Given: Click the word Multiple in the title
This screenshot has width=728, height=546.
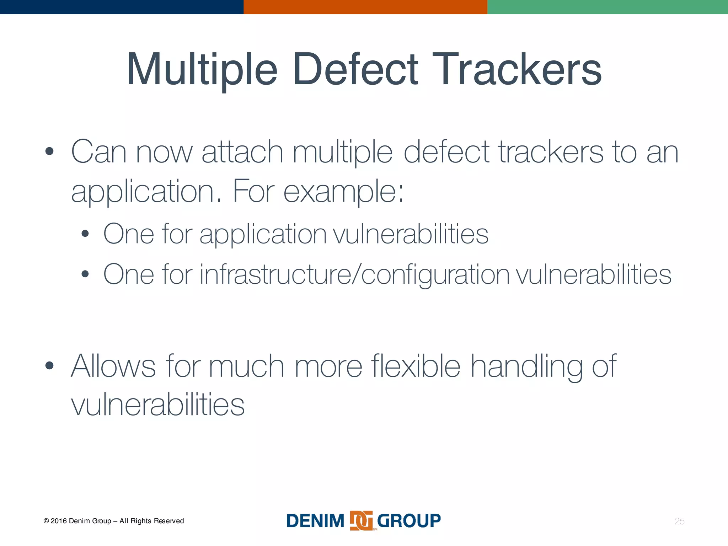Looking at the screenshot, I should pos(202,70).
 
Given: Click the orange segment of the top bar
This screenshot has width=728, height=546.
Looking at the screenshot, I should pos(365,7).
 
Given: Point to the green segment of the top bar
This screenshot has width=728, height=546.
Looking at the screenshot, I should pos(607,7).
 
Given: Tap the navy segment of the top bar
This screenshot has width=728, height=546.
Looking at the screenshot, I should pos(122,7).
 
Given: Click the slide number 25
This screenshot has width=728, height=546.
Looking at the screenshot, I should pos(679,521).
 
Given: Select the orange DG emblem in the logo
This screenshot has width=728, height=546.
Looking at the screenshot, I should pos(361,521).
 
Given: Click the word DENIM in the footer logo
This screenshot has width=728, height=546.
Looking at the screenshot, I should pos(315,521).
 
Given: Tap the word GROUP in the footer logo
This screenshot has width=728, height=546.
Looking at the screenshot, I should pos(409,521).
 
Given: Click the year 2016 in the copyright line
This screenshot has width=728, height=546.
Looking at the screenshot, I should pos(59,521).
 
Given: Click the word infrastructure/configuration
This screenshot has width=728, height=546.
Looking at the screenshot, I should pos(355,274).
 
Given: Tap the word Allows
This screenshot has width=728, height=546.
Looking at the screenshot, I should pos(113,366).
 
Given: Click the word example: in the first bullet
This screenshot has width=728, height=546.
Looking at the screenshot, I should pos(344,192).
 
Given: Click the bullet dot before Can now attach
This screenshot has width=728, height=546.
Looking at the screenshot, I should pos(49,151).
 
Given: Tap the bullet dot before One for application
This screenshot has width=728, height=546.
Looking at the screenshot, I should pos(85,234).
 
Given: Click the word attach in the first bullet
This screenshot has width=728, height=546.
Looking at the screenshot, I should pos(242,152).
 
